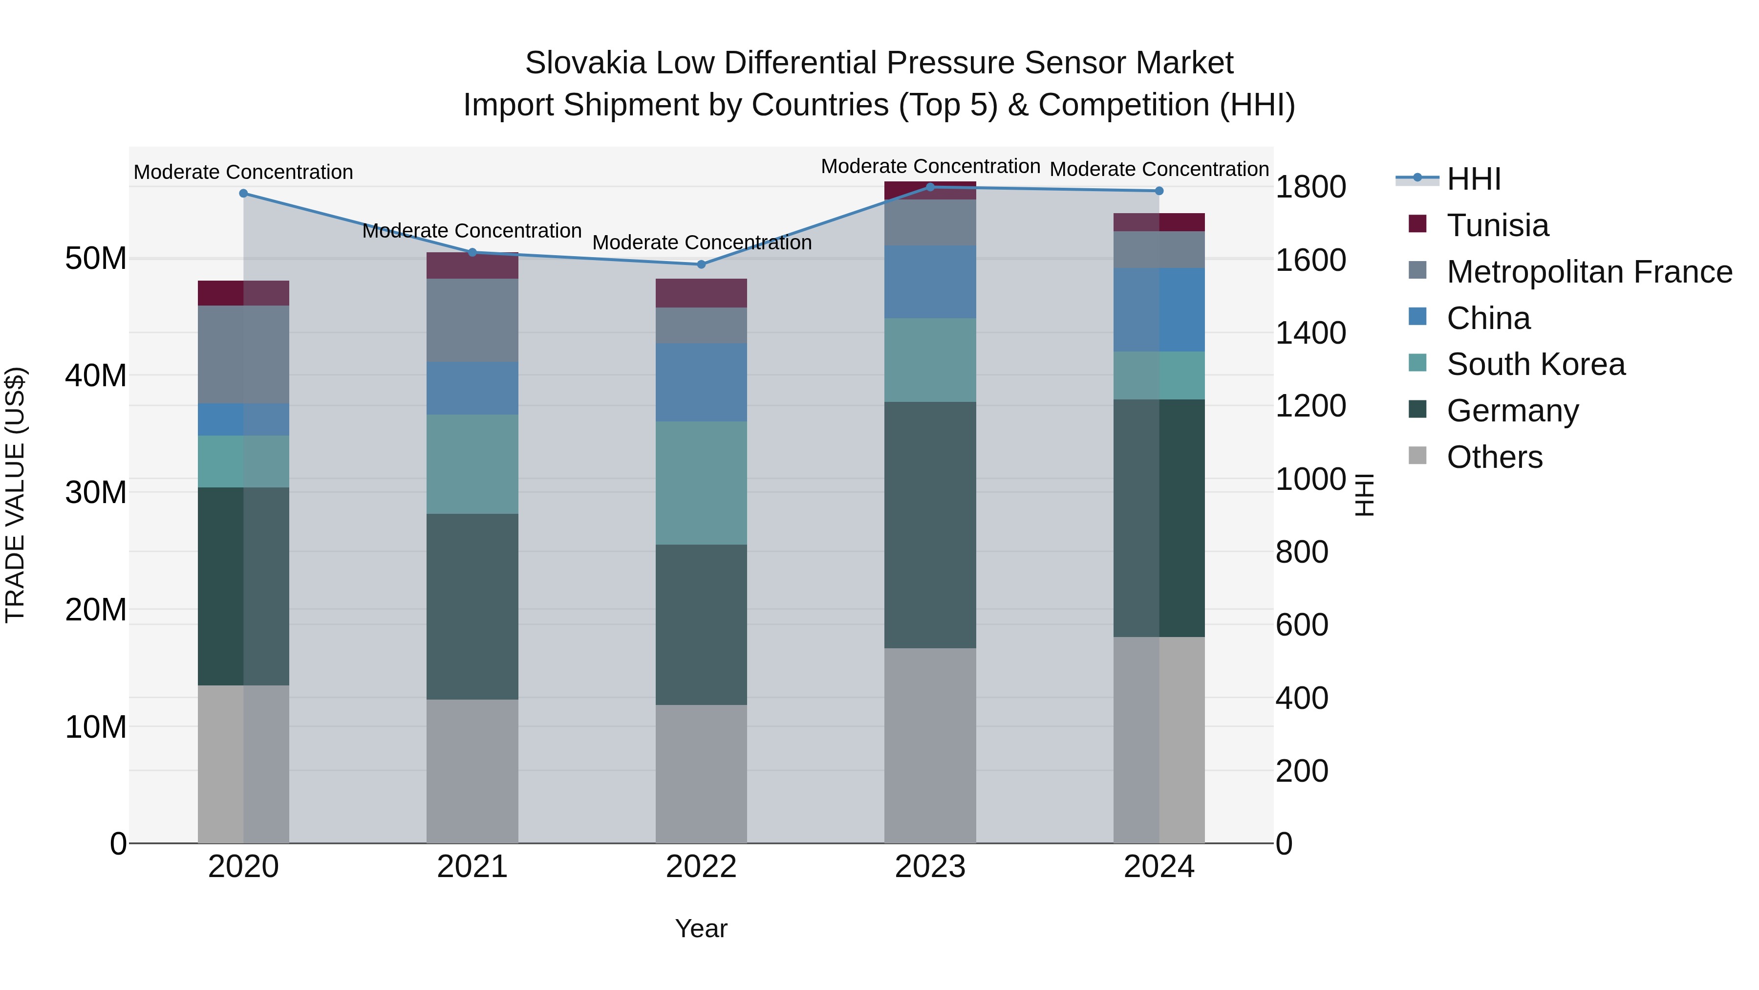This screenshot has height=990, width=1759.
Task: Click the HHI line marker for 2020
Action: coord(243,193)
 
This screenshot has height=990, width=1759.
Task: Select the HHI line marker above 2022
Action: coord(701,264)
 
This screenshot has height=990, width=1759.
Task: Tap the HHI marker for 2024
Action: coord(1159,191)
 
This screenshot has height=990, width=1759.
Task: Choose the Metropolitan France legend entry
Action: coord(1588,272)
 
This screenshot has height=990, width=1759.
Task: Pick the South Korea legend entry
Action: coord(1535,364)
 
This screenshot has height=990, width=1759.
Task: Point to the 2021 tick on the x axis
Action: coord(472,867)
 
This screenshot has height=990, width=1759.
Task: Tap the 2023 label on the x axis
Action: coord(929,867)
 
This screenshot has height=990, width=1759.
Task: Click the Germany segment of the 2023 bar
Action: coord(929,525)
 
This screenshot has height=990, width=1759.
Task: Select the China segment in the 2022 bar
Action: coord(701,383)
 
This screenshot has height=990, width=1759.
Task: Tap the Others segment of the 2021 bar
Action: coord(472,770)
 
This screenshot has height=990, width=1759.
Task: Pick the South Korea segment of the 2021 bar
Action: coord(472,464)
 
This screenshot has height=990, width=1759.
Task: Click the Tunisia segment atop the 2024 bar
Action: coord(1159,222)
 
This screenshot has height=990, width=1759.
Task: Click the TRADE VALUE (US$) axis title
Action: coord(15,495)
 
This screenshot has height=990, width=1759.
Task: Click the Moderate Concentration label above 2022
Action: coord(701,242)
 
